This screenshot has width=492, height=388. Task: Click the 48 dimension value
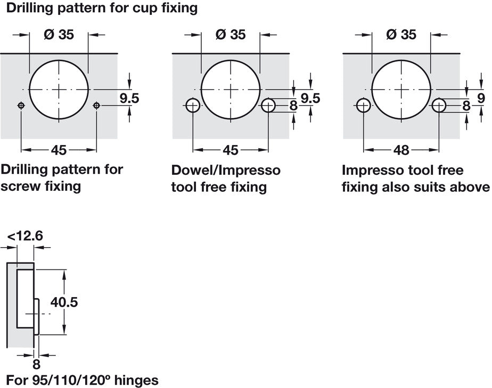[402, 150]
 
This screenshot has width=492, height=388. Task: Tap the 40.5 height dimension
[64, 302]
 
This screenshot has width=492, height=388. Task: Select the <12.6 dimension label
[26, 235]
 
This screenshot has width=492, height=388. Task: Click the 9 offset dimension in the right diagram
[481, 98]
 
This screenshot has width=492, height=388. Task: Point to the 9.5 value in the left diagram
[129, 98]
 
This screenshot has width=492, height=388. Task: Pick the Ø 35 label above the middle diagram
[231, 35]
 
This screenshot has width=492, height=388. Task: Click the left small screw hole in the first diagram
[21, 105]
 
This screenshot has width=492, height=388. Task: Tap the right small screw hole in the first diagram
[96, 105]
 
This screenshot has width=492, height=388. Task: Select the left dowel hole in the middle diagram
[192, 105]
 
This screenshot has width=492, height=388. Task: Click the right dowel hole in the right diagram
[439, 105]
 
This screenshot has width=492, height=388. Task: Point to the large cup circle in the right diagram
[401, 89]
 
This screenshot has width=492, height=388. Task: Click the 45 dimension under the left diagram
[59, 150]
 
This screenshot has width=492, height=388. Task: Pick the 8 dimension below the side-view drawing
[36, 365]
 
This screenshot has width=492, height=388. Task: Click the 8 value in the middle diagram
[293, 106]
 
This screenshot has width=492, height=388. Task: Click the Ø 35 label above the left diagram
[59, 35]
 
